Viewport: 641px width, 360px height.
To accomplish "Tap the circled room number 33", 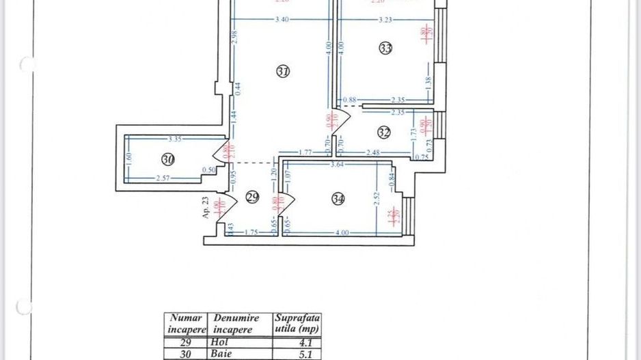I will pos(385,49).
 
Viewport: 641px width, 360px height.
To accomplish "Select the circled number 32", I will pos(383,133).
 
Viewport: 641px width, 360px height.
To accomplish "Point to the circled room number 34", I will pos(338,199).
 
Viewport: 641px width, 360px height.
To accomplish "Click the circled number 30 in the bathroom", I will pos(168,159).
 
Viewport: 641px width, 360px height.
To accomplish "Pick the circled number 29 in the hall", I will pos(252,197).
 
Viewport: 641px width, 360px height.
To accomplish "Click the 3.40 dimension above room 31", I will pos(282,20).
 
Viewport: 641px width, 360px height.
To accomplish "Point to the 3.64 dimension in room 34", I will pos(337,164).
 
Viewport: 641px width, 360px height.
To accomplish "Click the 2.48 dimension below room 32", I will pos(372,153).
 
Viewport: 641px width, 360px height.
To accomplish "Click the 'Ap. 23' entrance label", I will pos(204,206).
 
